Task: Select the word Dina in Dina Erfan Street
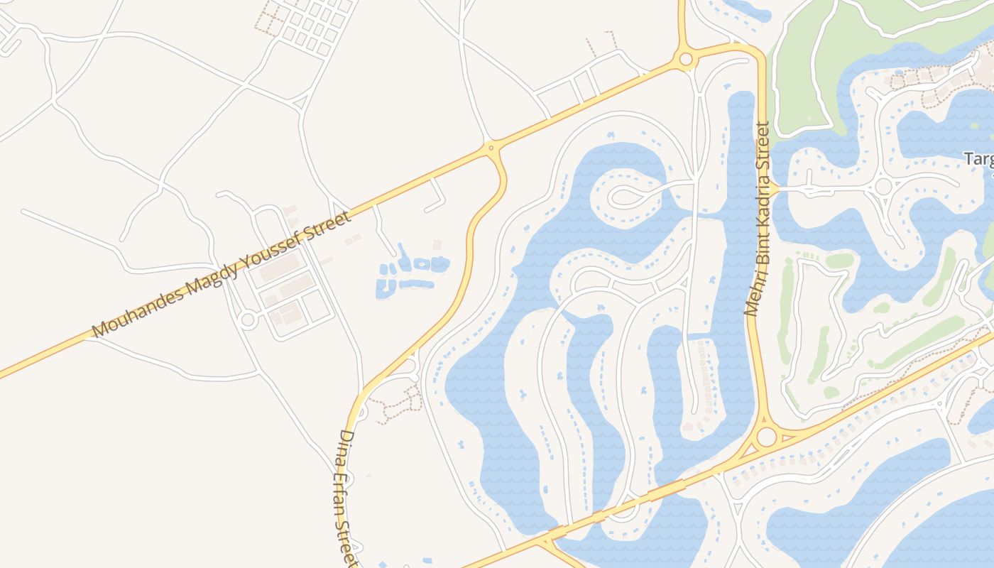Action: pyautogui.click(x=346, y=444)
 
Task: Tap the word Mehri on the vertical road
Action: pyautogui.click(x=753, y=297)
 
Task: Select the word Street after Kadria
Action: pyautogui.click(x=763, y=151)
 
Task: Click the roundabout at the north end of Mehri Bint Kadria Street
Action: pyautogui.click(x=685, y=59)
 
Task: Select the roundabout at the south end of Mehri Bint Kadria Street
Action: pyautogui.click(x=766, y=437)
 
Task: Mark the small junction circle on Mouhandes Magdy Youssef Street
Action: pyautogui.click(x=491, y=148)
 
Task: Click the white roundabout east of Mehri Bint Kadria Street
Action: pyautogui.click(x=883, y=187)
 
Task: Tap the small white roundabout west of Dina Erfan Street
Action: pyautogui.click(x=248, y=319)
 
